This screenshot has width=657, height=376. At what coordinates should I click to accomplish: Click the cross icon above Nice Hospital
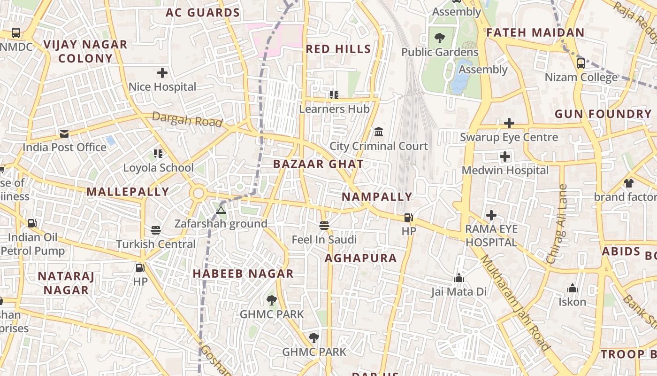click(162, 73)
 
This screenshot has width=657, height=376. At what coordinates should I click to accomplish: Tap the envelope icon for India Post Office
click(64, 134)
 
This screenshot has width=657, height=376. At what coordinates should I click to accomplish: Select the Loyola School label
click(158, 168)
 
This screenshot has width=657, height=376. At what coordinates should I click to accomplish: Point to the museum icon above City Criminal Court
click(379, 131)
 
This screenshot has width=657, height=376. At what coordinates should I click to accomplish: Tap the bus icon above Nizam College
click(581, 63)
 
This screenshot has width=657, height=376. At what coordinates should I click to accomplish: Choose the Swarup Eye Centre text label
click(509, 137)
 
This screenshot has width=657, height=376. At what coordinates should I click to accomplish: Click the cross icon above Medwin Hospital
click(505, 157)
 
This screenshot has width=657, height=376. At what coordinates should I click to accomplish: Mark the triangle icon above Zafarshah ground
click(221, 210)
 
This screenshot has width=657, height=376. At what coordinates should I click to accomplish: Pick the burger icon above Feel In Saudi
click(324, 225)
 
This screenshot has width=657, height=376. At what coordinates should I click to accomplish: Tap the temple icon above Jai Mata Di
click(459, 278)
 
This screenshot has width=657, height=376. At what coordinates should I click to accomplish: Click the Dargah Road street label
click(187, 120)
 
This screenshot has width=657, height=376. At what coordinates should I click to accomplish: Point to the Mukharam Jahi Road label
click(514, 303)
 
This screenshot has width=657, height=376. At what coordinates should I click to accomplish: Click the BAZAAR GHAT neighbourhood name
click(318, 164)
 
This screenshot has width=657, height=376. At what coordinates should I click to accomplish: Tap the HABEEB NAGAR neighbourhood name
click(243, 274)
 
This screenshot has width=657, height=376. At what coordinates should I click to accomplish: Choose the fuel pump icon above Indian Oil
click(32, 223)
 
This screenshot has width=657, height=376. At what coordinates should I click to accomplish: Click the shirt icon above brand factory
click(628, 183)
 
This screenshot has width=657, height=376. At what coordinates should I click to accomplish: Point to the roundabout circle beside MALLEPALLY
click(199, 193)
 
